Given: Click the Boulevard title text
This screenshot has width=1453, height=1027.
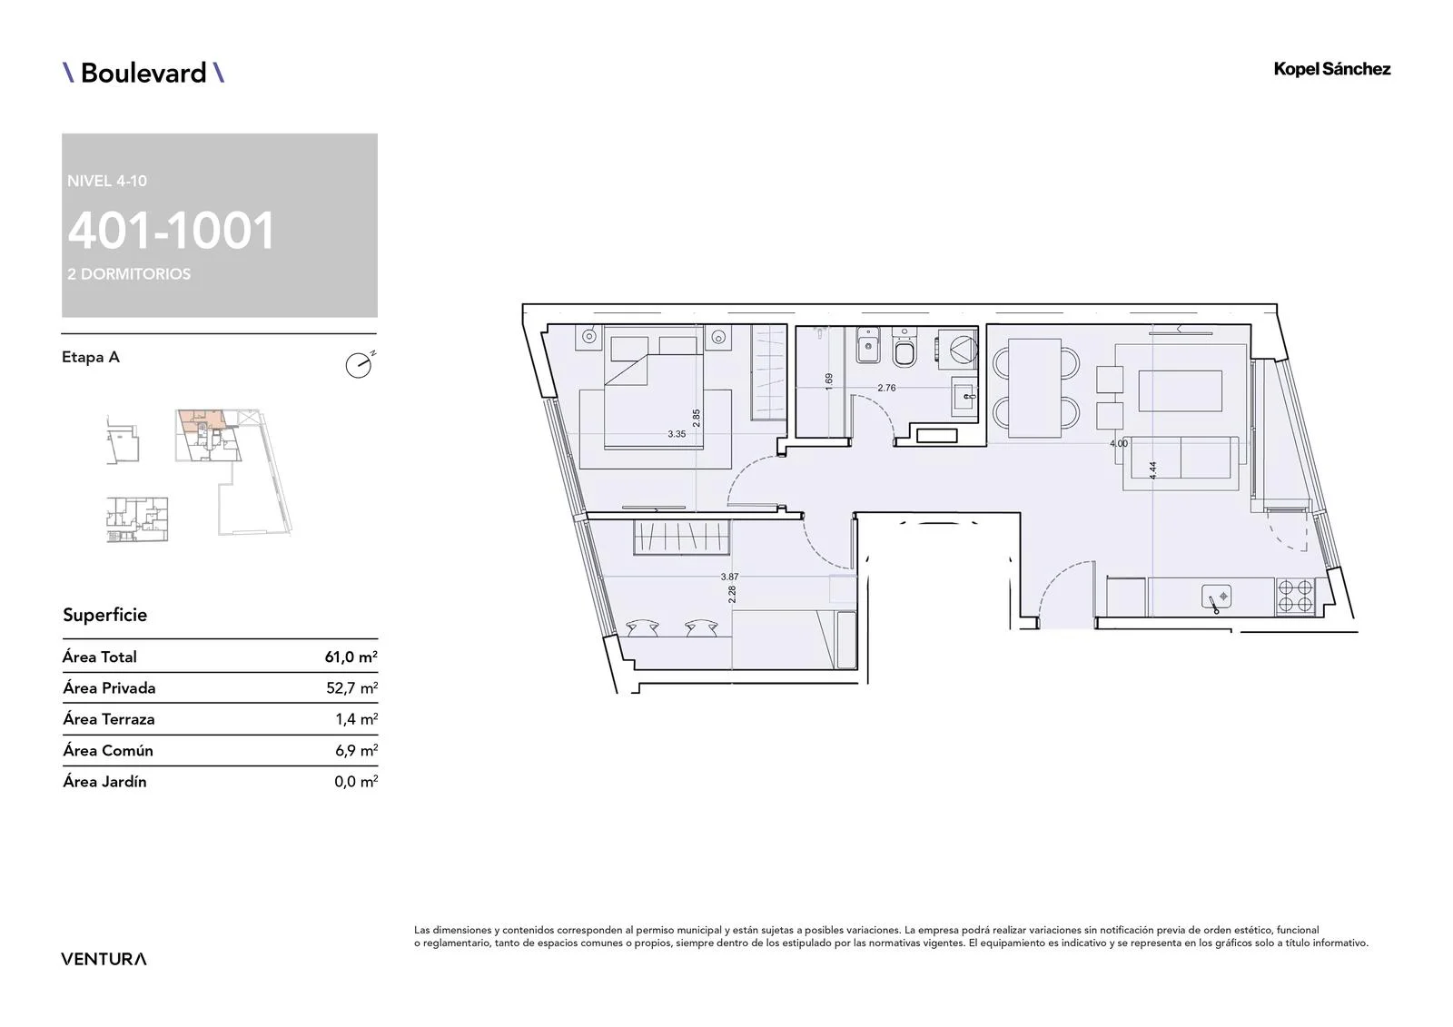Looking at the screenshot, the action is [x=143, y=73].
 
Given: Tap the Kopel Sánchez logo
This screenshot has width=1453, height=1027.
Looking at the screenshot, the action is [x=1331, y=69].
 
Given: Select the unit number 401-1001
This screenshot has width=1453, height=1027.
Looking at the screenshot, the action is [x=172, y=231].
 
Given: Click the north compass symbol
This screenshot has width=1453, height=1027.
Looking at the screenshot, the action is [x=360, y=365].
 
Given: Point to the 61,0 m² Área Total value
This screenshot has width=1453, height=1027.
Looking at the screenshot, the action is [x=351, y=657].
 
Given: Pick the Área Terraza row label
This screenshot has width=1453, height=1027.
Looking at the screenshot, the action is [x=108, y=719].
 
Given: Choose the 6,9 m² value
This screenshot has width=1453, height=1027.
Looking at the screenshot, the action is [x=356, y=750].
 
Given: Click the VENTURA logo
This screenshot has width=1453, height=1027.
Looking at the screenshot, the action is [x=104, y=959].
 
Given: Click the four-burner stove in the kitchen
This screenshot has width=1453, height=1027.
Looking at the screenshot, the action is [x=1295, y=597].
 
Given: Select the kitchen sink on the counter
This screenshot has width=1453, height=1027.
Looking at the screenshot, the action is [x=1216, y=597].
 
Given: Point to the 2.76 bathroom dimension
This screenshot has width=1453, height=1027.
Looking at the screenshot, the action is [x=886, y=388].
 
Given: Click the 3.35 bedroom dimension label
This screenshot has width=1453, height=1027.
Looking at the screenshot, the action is [x=677, y=434].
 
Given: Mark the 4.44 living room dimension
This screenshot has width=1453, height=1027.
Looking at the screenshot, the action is [x=1152, y=470].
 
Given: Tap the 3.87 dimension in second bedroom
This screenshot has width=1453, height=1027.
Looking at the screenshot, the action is [x=730, y=577].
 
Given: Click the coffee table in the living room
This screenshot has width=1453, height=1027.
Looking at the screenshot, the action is [x=1180, y=390].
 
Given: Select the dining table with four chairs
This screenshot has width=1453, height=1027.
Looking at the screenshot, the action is [x=1035, y=388].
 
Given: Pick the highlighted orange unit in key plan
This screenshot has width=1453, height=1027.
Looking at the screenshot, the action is [x=201, y=421].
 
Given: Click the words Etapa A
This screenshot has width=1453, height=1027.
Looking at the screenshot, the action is [x=91, y=357].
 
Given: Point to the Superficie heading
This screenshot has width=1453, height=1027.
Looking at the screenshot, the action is [x=105, y=615].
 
